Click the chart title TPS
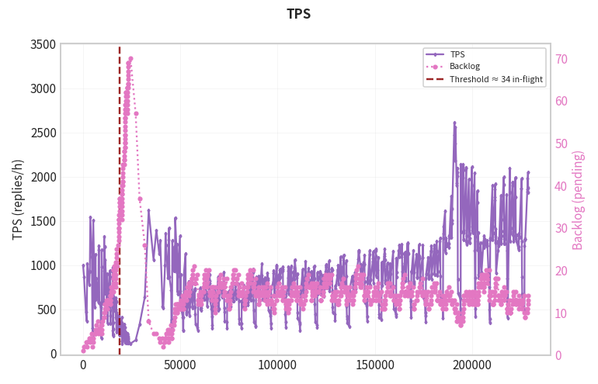point(299,14)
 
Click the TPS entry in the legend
point(457,54)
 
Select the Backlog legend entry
point(464,66)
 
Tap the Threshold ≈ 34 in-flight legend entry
point(495,79)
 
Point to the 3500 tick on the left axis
point(43,44)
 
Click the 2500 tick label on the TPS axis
point(43,133)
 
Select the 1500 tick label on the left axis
point(43,221)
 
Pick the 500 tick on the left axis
point(47,310)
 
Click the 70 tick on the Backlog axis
point(561,59)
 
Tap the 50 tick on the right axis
point(561,144)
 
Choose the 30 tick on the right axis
point(561,228)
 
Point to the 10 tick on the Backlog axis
point(561,313)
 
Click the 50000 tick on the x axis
point(180,365)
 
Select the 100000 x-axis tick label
point(277,365)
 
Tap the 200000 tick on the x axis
point(472,365)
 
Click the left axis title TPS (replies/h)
point(18,199)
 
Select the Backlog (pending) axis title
point(578,200)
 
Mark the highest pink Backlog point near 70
point(130,59)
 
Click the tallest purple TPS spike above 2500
point(454,123)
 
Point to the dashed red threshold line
point(120,201)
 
